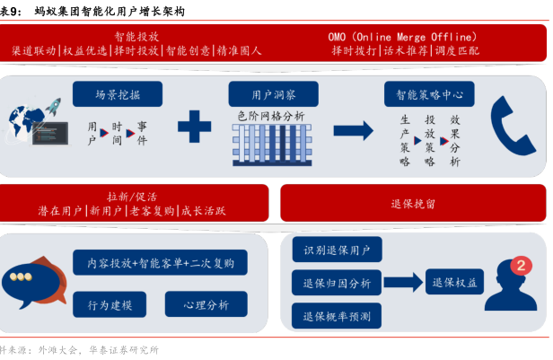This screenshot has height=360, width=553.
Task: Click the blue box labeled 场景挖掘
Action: coord(117,93)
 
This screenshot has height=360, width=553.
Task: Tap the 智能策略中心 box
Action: coord(430,93)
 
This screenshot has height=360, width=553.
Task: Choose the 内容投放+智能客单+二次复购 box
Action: coord(161,263)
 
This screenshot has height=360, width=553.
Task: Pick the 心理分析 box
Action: coord(206,305)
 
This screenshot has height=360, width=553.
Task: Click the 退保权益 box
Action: coord(456,283)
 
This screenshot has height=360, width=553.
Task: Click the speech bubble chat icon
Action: coord(33,281)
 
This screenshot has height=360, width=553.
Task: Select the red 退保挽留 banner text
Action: coord(413,204)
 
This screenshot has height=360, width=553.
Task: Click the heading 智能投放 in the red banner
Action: coord(136,36)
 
